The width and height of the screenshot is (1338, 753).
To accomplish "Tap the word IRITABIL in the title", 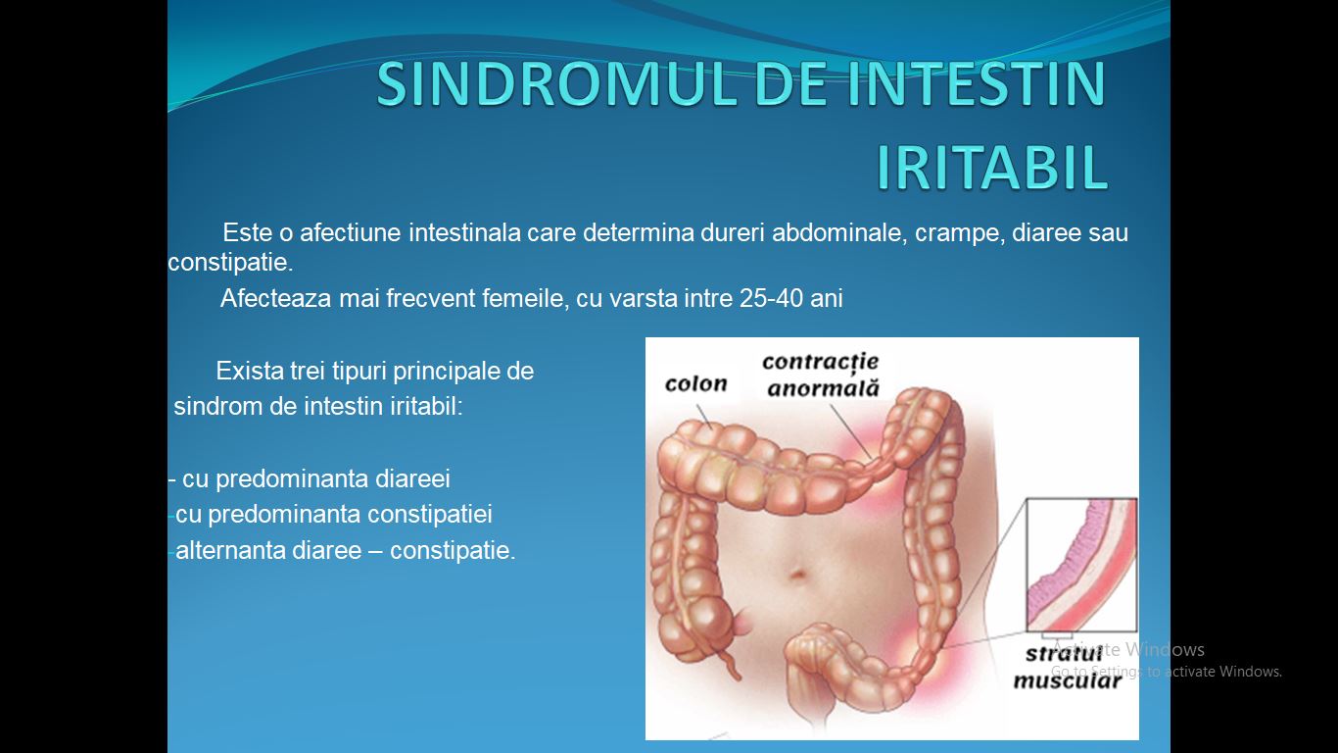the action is pyautogui.click(x=992, y=167).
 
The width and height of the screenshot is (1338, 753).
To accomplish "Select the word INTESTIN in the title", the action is pyautogui.click(x=977, y=83).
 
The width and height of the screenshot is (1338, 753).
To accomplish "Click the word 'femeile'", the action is pyautogui.click(x=526, y=298).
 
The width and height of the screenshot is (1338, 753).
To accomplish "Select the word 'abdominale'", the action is pyautogui.click(x=839, y=232).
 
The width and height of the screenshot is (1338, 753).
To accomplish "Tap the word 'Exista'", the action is pyautogui.click(x=250, y=371).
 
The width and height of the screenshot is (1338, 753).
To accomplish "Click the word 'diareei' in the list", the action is pyautogui.click(x=412, y=478).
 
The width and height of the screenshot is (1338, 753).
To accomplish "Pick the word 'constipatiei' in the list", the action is pyautogui.click(x=429, y=515).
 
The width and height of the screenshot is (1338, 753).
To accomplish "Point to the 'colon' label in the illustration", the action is pyautogui.click(x=695, y=383).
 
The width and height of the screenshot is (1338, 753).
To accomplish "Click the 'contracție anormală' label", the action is pyautogui.click(x=822, y=376).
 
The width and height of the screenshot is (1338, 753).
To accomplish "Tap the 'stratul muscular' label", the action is pyautogui.click(x=1067, y=667).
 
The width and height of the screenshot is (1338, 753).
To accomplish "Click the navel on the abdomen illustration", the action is pyautogui.click(x=798, y=575).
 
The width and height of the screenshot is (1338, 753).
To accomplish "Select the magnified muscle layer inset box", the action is pyautogui.click(x=1081, y=565).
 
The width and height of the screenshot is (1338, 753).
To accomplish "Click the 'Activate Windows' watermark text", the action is pyautogui.click(x=1127, y=649).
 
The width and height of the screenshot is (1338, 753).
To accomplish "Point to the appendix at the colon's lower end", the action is pyautogui.click(x=730, y=664).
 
